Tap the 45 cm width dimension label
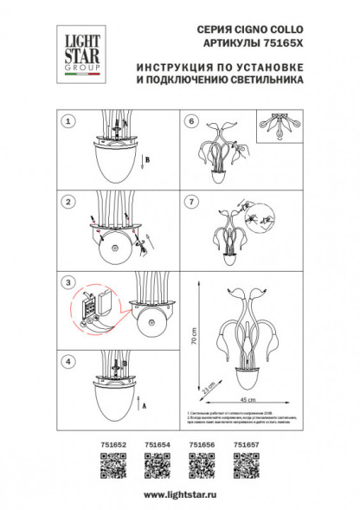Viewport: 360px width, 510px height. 247,400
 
